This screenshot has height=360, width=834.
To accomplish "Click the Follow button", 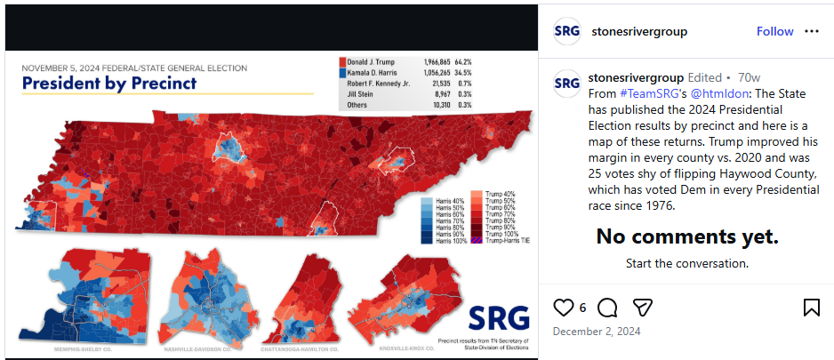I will click(774, 31).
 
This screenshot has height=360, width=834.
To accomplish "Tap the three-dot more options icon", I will click(811, 31).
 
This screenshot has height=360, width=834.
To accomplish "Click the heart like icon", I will click(564, 308).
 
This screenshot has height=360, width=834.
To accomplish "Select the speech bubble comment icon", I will click(607, 308).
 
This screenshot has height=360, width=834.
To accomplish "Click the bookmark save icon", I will click(811, 308).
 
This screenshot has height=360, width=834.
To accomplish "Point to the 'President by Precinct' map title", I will click(108, 84).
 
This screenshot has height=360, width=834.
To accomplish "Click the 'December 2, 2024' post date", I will click(596, 332).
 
